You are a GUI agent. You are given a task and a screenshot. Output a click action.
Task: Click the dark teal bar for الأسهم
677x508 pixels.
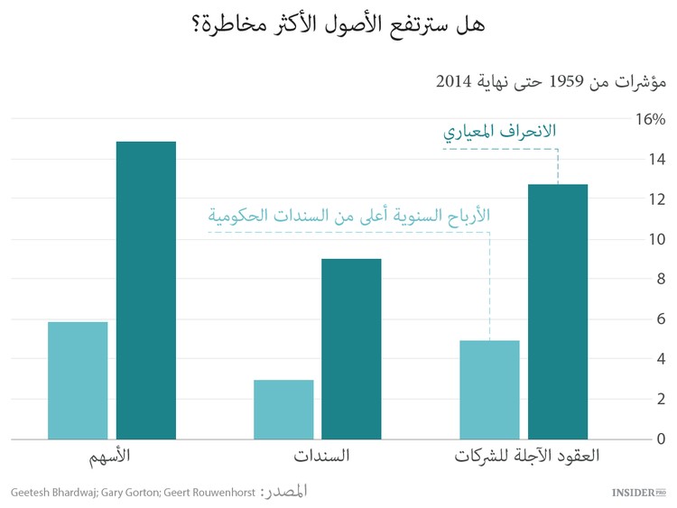[145, 290]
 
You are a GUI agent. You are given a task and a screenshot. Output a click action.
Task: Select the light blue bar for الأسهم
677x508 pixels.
[78, 380]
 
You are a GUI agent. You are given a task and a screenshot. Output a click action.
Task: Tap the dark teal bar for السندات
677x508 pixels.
[350, 348]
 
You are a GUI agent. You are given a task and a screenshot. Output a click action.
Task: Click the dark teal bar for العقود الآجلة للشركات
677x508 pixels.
[557, 311]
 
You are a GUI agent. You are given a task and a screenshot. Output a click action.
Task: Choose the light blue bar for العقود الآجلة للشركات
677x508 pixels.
[489, 389]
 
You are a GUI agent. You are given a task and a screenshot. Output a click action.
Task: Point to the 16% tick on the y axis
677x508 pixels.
[650, 119]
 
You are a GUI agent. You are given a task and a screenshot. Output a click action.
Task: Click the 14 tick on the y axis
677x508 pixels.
[656, 160]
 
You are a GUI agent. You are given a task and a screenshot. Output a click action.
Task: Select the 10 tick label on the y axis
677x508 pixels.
[656, 239]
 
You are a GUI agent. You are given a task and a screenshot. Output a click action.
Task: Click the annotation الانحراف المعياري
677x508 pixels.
[498, 132]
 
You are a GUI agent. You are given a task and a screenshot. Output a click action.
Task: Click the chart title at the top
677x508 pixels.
[338, 24]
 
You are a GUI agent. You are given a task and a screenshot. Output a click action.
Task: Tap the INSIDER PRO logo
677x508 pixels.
[636, 493]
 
